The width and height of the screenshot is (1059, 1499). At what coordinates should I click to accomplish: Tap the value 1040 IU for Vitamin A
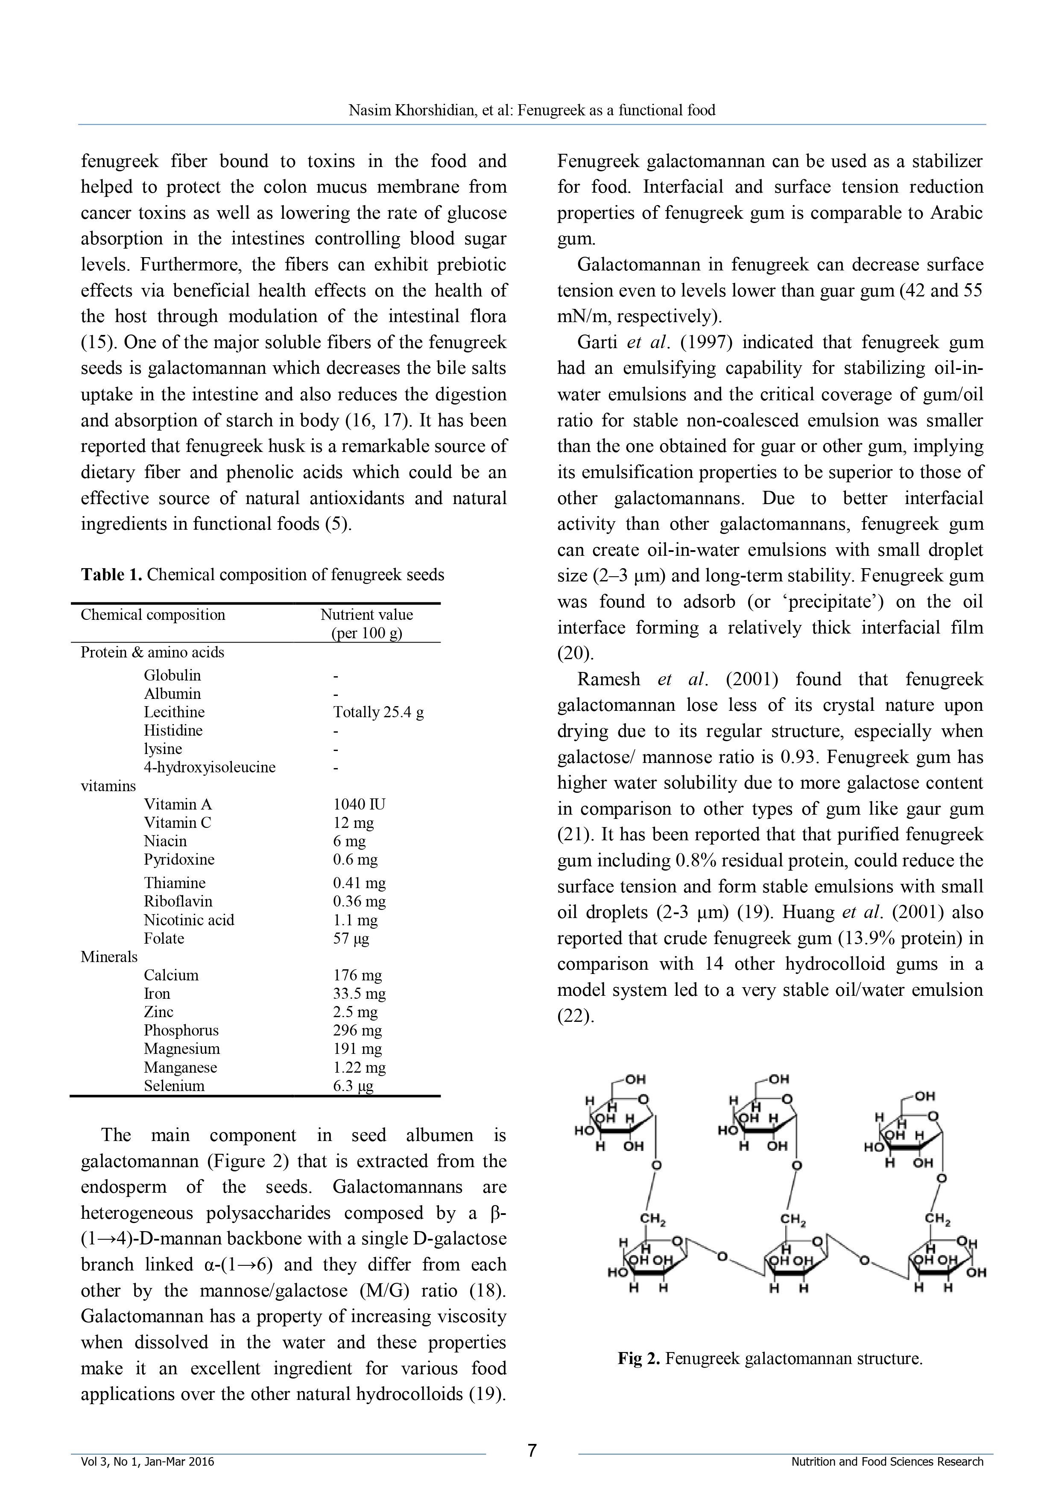click(359, 804)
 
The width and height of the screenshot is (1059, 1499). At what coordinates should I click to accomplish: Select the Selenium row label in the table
click(174, 1086)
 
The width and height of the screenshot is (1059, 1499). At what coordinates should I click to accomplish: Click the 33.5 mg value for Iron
click(359, 994)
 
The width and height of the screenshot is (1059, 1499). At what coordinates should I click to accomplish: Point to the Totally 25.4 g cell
click(378, 712)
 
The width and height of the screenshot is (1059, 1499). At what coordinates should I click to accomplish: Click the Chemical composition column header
click(153, 615)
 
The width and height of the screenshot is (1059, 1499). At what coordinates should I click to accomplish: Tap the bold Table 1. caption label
click(111, 575)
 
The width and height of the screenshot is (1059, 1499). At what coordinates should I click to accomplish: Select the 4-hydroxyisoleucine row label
click(209, 767)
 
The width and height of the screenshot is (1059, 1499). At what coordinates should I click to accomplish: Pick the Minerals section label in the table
click(109, 956)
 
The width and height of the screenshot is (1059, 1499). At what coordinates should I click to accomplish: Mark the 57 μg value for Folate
click(351, 939)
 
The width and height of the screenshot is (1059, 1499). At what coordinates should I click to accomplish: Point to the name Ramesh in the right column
click(608, 680)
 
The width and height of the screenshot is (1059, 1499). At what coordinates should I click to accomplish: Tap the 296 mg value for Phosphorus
click(357, 1030)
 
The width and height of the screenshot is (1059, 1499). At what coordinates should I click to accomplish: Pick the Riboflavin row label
click(178, 902)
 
